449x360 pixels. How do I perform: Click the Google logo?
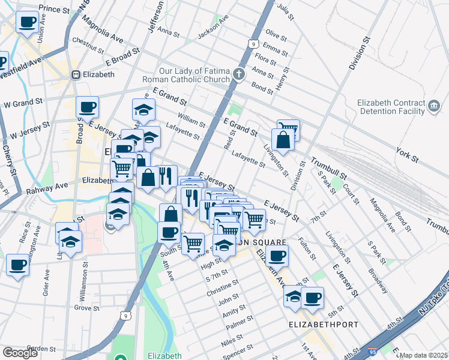click(20, 353)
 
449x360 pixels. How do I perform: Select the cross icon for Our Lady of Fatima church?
click(239, 75)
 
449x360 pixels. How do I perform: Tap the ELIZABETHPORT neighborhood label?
click(324, 325)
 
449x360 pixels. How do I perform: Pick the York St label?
click(407, 154)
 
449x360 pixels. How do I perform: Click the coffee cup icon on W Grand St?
click(88, 107)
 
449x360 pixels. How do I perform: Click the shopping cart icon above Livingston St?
click(288, 128)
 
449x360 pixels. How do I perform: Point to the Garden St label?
click(41, 348)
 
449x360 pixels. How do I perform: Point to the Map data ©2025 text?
click(423, 355)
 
